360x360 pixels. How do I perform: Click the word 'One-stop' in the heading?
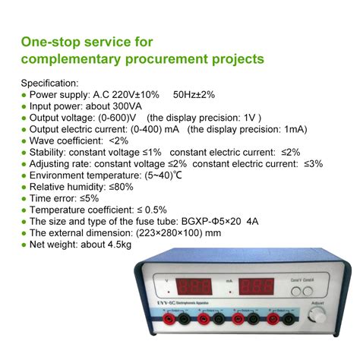point(52,41)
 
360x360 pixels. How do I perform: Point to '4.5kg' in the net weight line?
point(115,244)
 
